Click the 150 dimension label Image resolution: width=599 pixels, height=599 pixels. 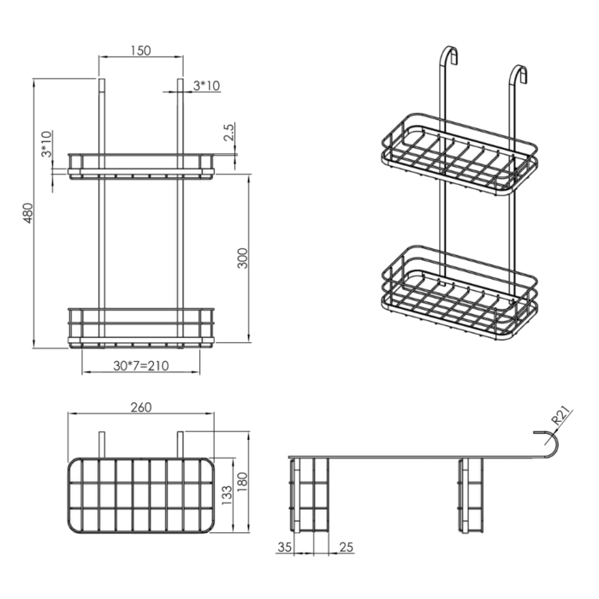140,50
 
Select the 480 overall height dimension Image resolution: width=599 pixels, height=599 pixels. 28,213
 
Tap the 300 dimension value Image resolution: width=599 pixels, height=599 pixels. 242,258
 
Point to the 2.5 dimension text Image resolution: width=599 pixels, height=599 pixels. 228,132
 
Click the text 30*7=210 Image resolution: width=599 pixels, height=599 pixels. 141,365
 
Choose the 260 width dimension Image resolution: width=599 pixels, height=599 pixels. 141,407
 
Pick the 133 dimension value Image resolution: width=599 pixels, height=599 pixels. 227,495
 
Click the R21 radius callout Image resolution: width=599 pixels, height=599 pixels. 561,416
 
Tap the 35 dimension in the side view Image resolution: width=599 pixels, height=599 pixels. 284,548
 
